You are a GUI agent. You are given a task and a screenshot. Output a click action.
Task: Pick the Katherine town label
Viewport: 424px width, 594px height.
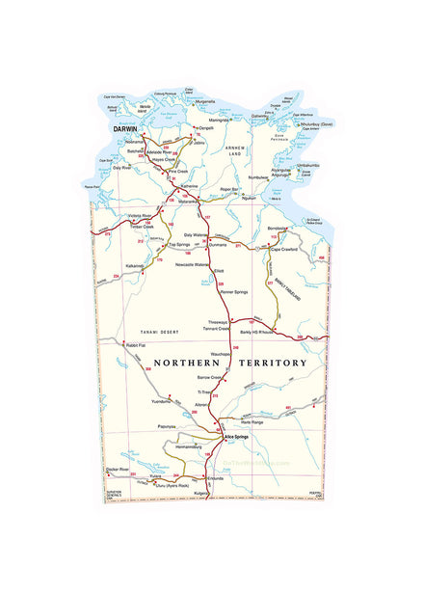(x=189, y=186)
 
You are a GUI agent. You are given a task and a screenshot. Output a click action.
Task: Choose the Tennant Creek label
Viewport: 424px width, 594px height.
(x=215, y=328)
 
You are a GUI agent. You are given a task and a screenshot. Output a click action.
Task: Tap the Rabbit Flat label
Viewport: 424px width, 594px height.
(x=134, y=344)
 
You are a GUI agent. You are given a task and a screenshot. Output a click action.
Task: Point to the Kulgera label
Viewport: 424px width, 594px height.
(x=201, y=493)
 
